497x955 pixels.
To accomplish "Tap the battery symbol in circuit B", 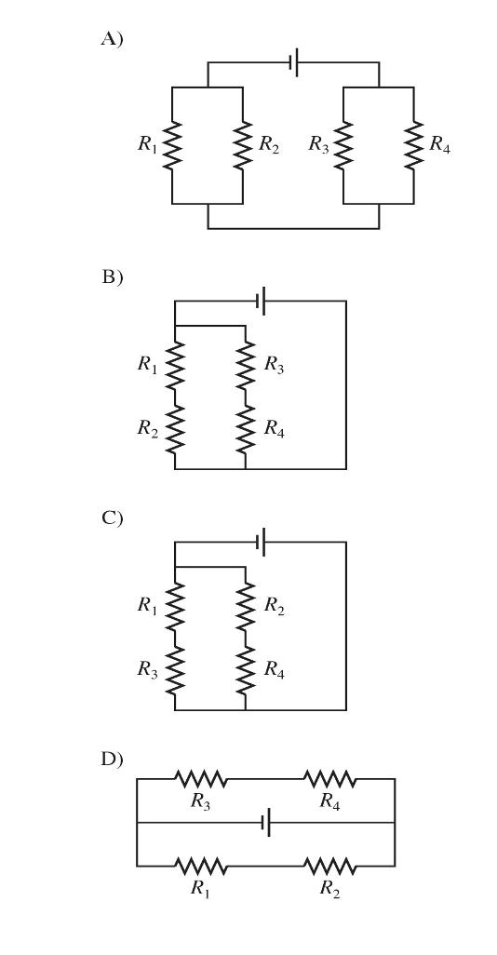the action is coord(262,301).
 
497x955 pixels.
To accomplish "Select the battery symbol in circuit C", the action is coord(262,542).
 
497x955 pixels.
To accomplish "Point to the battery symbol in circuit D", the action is coord(265,823).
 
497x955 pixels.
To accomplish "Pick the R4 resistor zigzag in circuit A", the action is coord(414,145).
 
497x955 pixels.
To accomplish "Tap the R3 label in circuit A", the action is coord(318,143).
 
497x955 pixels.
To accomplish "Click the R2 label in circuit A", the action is coord(269,143).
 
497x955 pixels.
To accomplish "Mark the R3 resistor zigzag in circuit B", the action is coord(246,366).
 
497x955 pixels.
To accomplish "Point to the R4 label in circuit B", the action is coord(274,428).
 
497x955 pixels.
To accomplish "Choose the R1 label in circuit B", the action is coord(147,364).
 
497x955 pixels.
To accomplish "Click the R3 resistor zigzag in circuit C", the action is coord(175,670).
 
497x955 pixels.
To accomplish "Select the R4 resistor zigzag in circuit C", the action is coord(246,670).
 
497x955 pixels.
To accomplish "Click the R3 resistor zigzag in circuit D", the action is coord(201,778).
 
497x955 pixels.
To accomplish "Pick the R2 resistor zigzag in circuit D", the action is coord(329,866).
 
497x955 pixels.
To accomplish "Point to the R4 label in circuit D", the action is coord(329,801).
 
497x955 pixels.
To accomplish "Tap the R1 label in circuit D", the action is coord(201,889).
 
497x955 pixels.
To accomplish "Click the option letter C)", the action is coord(112,518).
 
